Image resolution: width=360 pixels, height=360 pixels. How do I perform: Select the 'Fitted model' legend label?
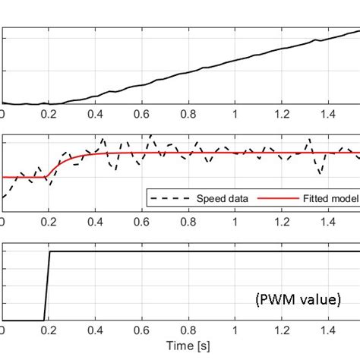click(322, 199)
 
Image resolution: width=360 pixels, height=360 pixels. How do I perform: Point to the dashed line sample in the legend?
click(163, 199)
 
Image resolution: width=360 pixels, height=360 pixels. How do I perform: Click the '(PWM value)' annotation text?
click(297, 301)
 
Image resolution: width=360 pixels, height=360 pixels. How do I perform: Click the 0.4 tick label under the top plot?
click(95, 113)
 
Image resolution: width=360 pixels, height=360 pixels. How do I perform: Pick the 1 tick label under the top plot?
click(235, 113)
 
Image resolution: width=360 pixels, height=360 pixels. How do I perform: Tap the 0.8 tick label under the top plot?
click(188, 113)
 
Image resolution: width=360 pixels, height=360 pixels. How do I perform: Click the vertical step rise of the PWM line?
click(47, 286)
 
